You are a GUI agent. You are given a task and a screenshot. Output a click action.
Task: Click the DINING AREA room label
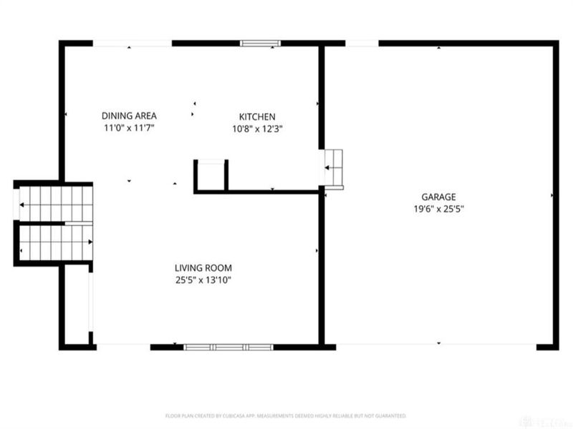(x=129, y=116)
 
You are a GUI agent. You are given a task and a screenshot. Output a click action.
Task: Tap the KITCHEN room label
(x=257, y=117)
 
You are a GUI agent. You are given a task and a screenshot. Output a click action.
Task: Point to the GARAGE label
(x=438, y=197)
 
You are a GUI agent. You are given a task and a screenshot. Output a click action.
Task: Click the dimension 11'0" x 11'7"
(x=129, y=128)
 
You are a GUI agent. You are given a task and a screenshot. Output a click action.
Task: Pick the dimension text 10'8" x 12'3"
(x=257, y=129)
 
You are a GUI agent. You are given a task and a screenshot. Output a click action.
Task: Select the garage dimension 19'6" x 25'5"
(x=438, y=209)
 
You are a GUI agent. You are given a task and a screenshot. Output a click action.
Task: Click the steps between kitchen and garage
(x=334, y=169)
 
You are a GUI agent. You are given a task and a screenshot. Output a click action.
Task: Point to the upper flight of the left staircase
(x=56, y=204)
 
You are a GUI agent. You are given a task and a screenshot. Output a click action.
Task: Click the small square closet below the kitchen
(x=211, y=176)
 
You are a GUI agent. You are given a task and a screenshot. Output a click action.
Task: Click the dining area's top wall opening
(x=133, y=44)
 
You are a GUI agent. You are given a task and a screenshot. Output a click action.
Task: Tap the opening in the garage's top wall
(x=362, y=44)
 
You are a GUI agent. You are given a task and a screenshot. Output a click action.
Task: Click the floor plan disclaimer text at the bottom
(x=286, y=415)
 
